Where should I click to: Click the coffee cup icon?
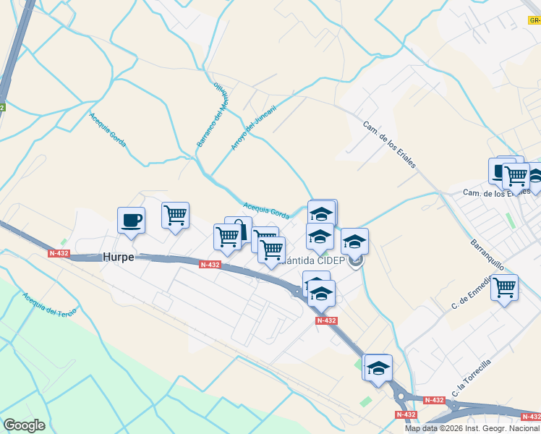coord(131,220)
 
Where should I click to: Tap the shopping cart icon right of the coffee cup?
coord(175,215)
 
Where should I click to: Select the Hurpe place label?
coord(118,257)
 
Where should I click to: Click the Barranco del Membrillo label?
coord(212,116)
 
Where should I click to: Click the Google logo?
coord(24,425)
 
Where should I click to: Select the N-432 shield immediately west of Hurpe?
coord(59,253)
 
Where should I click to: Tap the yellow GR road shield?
coord(534,22)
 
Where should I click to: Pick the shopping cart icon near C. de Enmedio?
coord(504,287)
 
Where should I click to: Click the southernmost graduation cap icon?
coord(378,367)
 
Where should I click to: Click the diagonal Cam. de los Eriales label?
coord(389,142)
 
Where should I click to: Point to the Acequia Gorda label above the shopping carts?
coord(266,209)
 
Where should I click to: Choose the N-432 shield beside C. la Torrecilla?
coord(434,400)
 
